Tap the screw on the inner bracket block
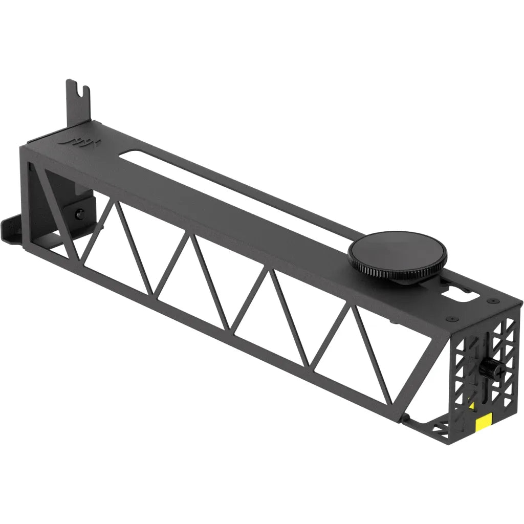point(79,213)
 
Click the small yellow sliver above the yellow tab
point(472,406)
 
